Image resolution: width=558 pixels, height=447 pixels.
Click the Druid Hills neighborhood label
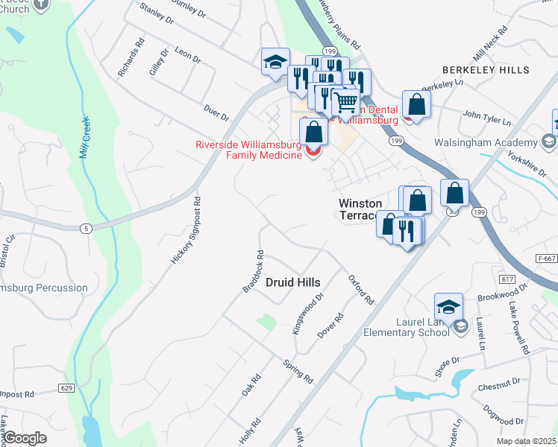coord(293,282)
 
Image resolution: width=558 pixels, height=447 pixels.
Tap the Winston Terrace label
coord(360,209)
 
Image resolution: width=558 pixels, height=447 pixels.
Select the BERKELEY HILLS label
coord(486,70)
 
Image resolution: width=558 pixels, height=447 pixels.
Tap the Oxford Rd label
coord(360,289)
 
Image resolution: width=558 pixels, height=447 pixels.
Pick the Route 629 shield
coord(66,387)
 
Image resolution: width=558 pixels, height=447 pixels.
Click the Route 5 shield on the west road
coord(87,228)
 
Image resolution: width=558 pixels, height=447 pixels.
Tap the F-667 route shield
coord(547,258)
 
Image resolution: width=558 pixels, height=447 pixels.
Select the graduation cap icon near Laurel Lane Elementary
coord(449,306)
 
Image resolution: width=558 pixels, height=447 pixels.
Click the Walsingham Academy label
coord(495,142)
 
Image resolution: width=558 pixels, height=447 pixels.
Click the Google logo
coord(25,438)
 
